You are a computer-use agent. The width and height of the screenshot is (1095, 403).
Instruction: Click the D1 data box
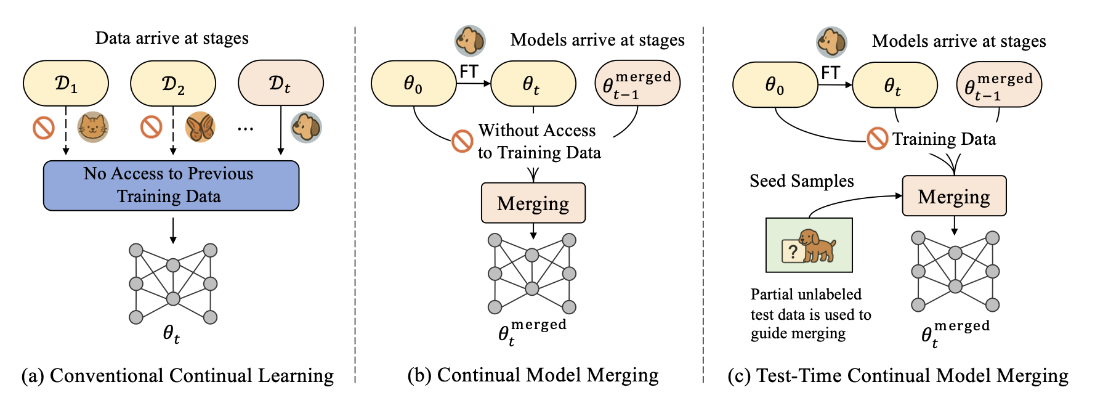pos(66,83)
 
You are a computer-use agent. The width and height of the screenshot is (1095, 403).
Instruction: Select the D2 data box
pos(173,83)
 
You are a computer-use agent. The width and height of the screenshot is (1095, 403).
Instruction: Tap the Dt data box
pos(280,83)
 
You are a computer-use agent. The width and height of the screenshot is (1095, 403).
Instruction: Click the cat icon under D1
pos(92,128)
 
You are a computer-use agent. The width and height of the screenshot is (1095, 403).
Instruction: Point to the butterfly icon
pos(200,128)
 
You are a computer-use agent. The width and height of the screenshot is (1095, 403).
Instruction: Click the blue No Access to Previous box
pos(171,185)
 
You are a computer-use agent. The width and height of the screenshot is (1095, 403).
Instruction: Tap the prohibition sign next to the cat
pos(44,128)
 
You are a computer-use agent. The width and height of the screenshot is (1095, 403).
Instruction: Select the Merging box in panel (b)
pos(533,203)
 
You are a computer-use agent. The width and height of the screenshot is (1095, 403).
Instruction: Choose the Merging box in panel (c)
pos(954,197)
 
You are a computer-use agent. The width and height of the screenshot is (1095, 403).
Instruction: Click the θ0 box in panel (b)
pos(413,83)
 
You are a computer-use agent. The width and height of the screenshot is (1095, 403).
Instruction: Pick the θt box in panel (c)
pos(894,85)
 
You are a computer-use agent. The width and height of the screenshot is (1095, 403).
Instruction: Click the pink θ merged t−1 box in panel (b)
pos(637,83)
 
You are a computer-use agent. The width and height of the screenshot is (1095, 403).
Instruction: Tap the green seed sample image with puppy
pos(809,245)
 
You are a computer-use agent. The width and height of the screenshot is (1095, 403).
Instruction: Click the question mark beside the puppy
pos(793,251)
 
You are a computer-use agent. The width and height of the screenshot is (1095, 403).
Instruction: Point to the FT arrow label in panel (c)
pos(830,73)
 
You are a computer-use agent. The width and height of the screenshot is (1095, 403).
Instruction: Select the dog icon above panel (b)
pos(470,41)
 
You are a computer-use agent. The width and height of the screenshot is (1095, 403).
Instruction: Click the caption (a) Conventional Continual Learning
pos(177,376)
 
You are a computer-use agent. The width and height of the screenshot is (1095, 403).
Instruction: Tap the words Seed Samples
pos(802,181)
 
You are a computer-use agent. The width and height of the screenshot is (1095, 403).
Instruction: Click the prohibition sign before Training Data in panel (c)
pos(878,139)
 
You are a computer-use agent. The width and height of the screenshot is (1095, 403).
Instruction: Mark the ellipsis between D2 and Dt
pos(245,129)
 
